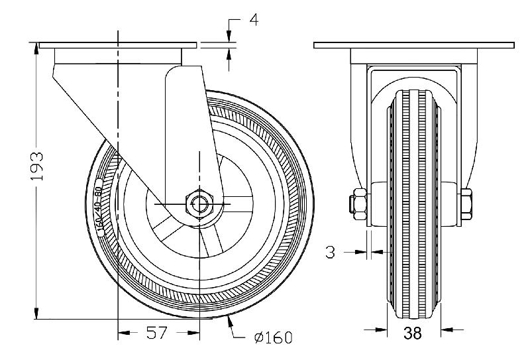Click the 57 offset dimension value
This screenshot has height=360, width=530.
click(157, 333)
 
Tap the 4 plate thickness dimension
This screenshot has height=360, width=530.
click(253, 20)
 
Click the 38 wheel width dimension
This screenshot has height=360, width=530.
click(412, 333)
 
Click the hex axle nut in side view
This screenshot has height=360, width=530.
click(199, 202)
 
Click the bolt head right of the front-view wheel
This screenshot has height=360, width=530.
click(466, 203)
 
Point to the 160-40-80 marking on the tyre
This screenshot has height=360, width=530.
click(99, 208)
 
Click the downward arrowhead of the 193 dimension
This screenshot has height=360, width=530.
click(36, 314)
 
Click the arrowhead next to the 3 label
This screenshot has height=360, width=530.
click(364, 251)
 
